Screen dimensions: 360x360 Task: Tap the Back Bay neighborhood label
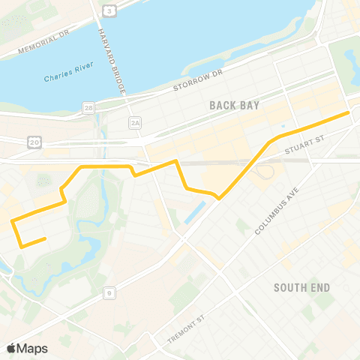235,105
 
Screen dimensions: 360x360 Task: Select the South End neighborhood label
302,287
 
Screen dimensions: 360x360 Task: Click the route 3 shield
110,10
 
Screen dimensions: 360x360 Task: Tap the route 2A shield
135,122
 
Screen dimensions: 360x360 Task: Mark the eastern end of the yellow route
349,112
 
